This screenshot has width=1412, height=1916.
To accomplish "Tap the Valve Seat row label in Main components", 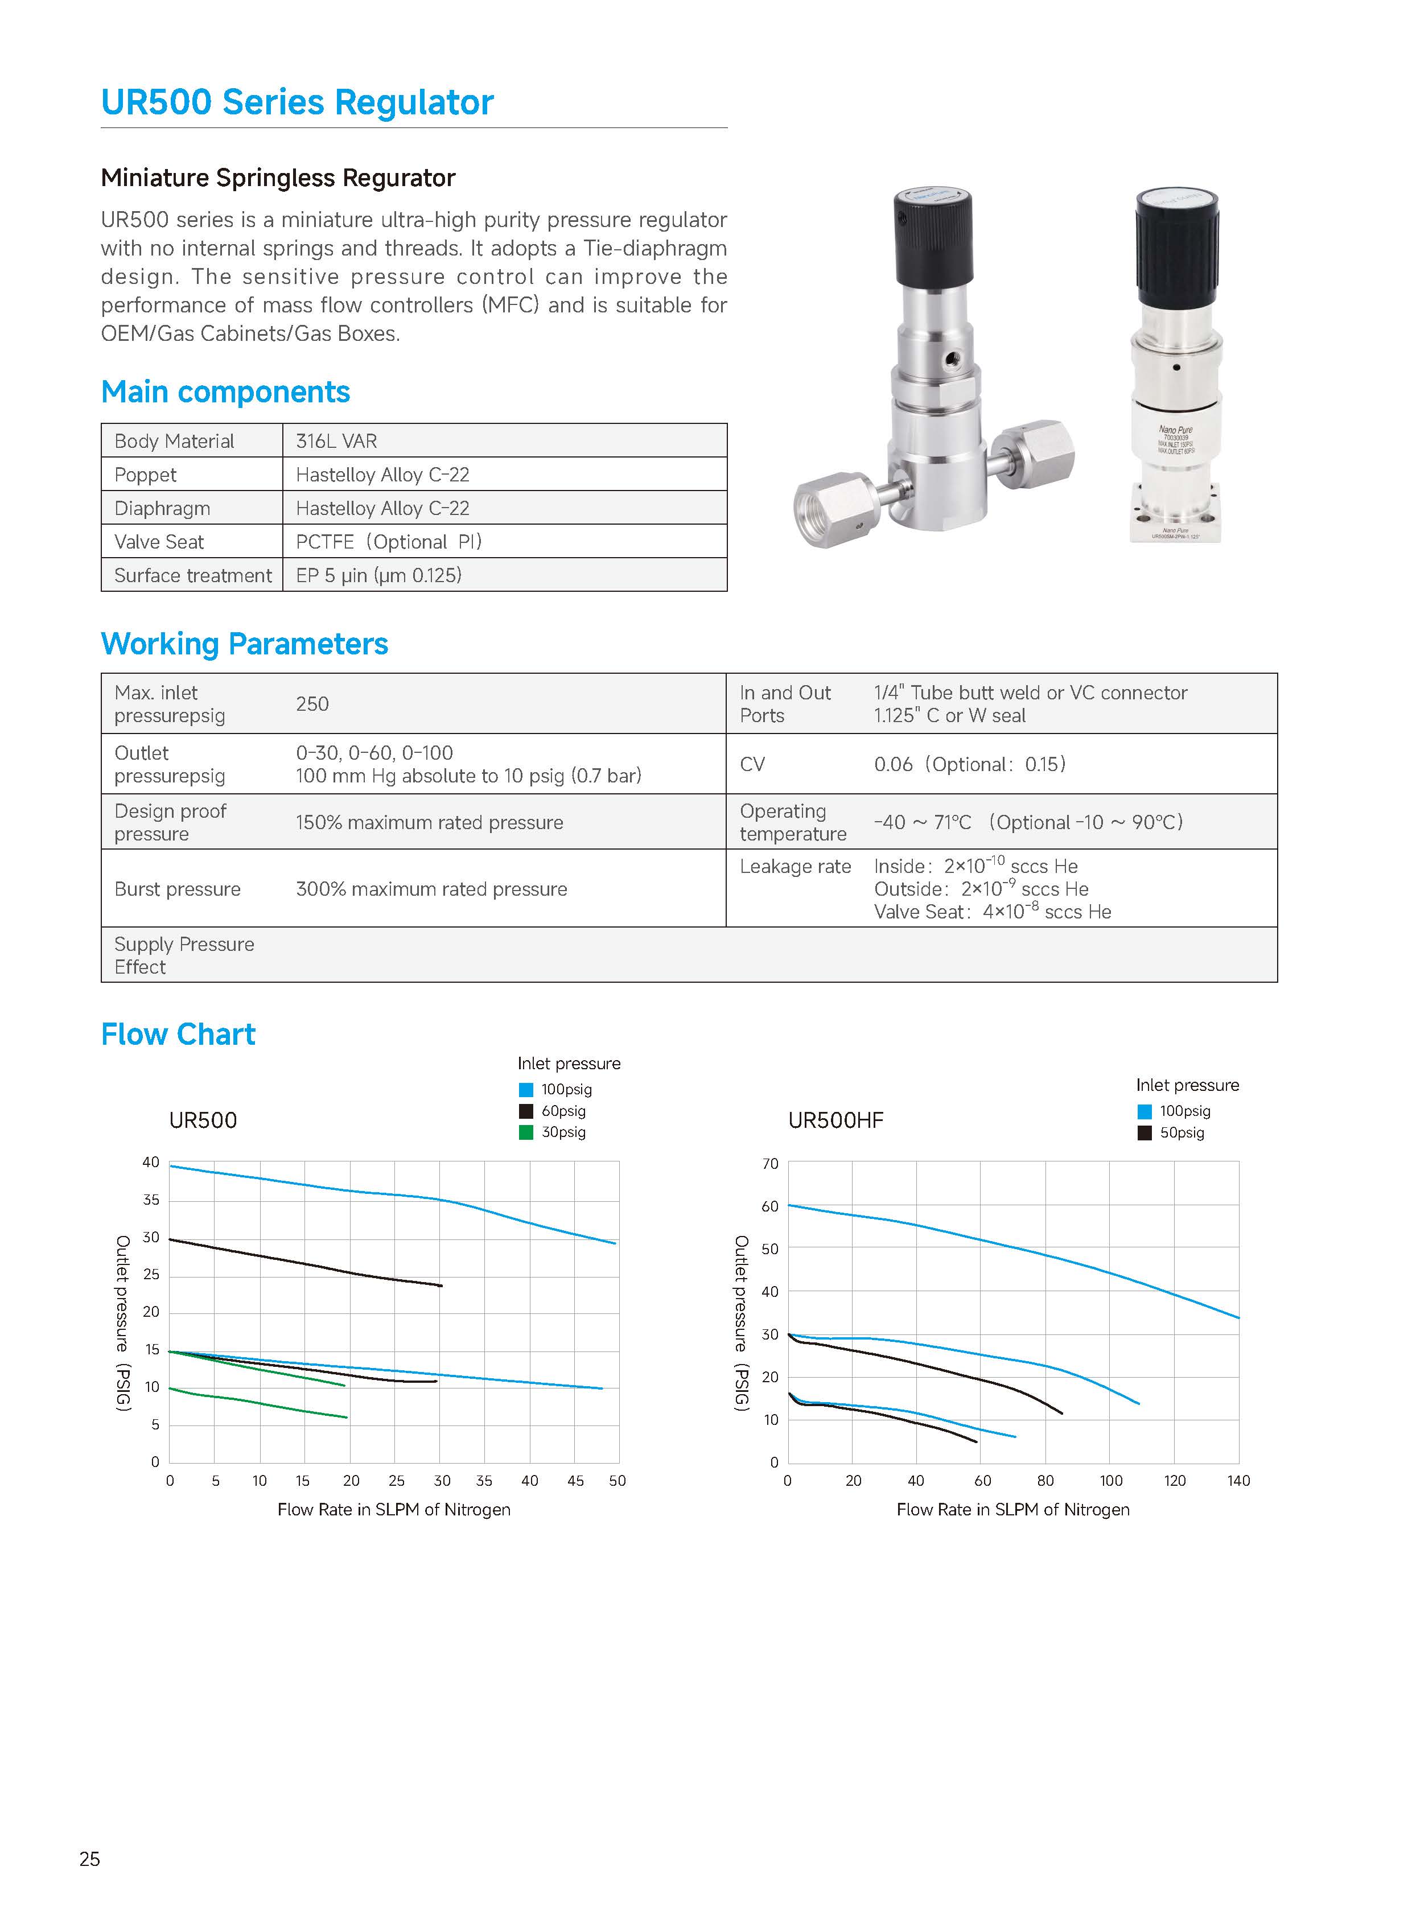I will click(159, 542).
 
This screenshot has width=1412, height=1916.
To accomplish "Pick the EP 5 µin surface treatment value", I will click(378, 575).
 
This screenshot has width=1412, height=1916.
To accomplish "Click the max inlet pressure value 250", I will click(312, 704).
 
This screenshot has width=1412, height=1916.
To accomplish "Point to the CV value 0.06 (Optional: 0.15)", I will click(969, 764).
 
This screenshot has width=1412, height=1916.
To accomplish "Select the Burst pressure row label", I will click(178, 889).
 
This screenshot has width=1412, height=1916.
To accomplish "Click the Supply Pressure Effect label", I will click(184, 955).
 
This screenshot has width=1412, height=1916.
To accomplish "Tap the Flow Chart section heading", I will click(178, 1034).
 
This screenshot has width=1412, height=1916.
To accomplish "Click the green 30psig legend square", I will click(526, 1132).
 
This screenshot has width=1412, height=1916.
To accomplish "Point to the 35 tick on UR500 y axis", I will click(151, 1200).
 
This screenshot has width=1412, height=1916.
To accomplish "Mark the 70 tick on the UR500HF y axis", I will click(770, 1164).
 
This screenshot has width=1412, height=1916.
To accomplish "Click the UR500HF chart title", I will click(835, 1120).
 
